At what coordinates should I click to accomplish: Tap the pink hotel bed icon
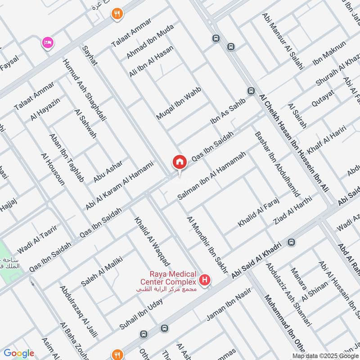(47, 42)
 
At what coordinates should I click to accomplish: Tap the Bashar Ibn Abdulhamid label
(277, 164)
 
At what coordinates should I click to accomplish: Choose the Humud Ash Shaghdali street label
(85, 90)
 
